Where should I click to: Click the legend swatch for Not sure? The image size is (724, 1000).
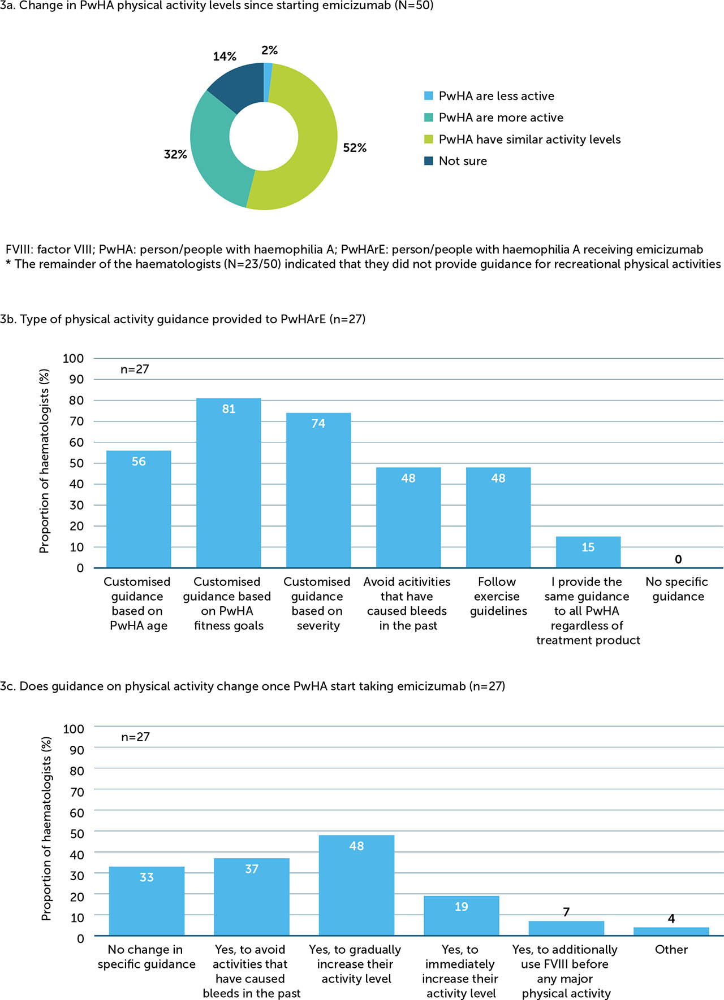click(429, 161)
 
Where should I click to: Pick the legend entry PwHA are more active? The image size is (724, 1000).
click(501, 118)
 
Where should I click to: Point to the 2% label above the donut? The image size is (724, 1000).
click(269, 50)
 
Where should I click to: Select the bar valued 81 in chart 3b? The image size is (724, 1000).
click(229, 486)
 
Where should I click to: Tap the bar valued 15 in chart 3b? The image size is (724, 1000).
click(588, 554)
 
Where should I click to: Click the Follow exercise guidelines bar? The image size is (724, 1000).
click(498, 520)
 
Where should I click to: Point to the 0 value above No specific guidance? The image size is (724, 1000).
click(678, 559)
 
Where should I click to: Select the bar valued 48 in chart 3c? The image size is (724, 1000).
click(356, 887)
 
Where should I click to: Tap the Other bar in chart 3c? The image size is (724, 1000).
click(671, 931)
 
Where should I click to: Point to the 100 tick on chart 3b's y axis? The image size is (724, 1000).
click(74, 358)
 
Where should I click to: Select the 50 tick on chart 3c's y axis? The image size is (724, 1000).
click(74, 833)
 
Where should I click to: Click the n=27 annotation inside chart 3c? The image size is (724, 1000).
click(135, 737)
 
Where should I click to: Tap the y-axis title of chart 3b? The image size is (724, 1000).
click(44, 461)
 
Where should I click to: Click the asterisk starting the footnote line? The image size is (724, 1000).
click(8, 263)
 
